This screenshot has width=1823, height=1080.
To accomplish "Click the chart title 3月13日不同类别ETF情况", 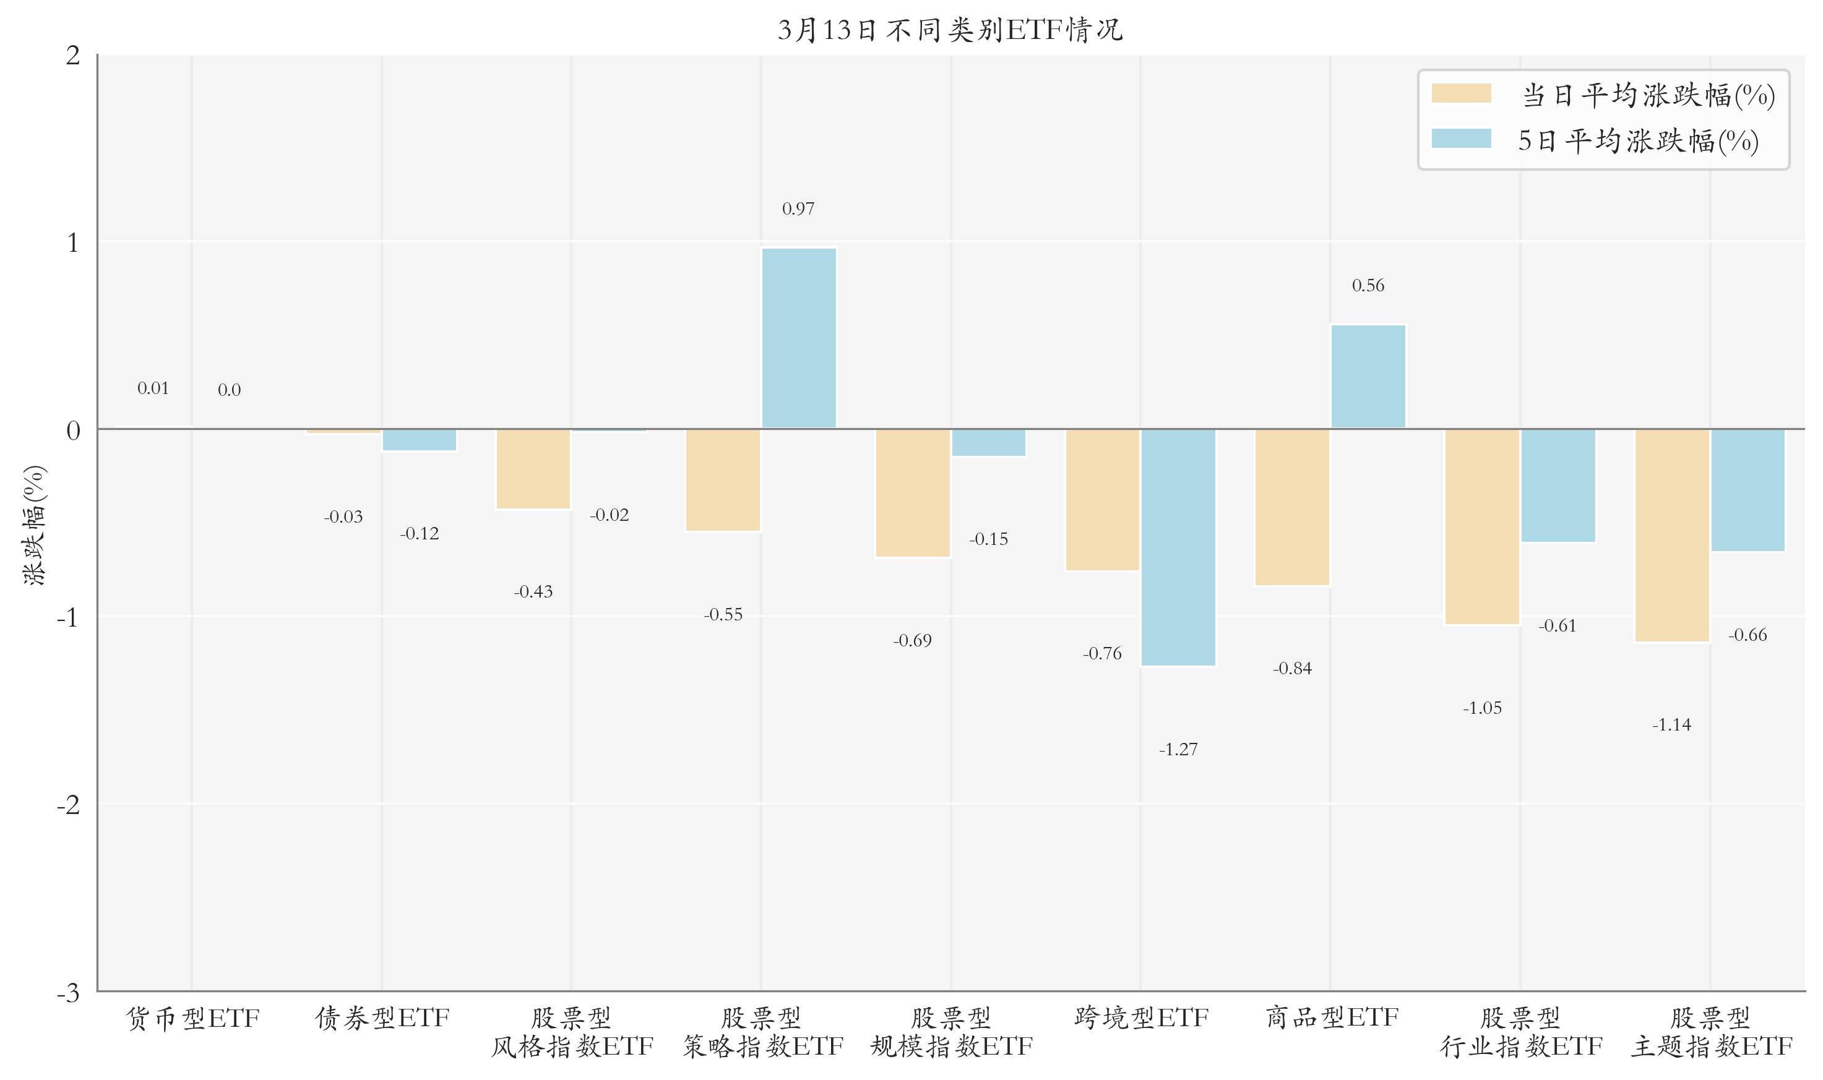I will [x=950, y=30].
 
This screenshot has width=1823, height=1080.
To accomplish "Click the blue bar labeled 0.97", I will [x=799, y=338].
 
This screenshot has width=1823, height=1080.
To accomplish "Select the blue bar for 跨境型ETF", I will [x=1178, y=547].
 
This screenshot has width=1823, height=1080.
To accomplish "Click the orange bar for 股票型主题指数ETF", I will [x=1672, y=535].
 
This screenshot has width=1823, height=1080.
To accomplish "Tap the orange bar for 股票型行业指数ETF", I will [x=1482, y=526].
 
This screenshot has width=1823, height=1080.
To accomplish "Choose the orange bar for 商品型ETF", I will [x=1292, y=507].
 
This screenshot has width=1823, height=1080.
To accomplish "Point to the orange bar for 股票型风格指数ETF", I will [x=533, y=469].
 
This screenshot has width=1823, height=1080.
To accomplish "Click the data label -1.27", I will [x=1178, y=749].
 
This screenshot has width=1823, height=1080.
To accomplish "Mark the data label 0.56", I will [x=1368, y=285].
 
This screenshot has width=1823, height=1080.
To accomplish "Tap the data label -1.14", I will [x=1671, y=724].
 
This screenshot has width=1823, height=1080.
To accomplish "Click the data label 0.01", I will [x=153, y=388].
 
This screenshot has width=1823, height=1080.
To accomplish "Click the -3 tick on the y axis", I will [x=69, y=992].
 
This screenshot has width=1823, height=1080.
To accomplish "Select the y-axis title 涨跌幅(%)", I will [x=34, y=525].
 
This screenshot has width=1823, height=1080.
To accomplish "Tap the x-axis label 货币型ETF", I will [x=192, y=1018].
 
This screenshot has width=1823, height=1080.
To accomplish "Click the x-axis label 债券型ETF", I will [x=382, y=1017].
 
